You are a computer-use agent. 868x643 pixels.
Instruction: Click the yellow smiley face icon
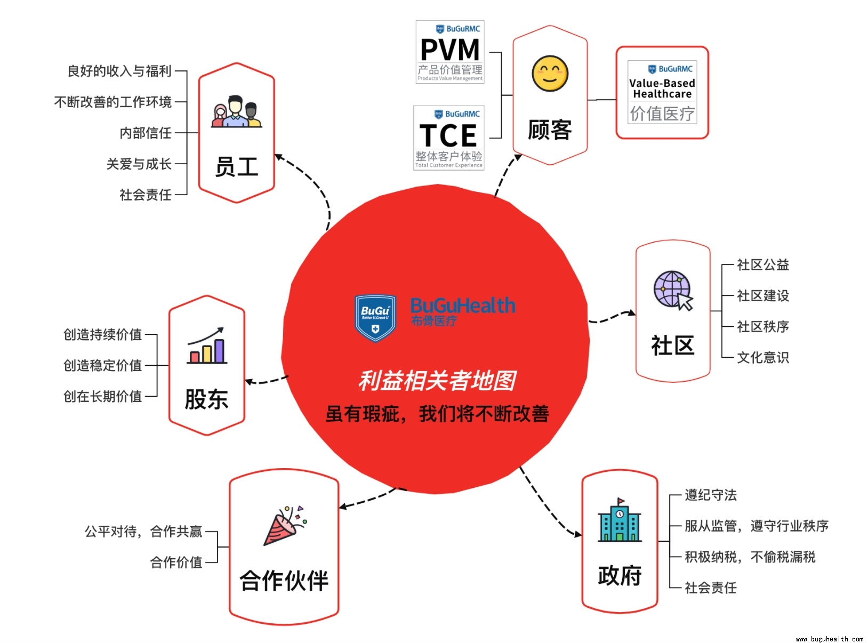[550, 73]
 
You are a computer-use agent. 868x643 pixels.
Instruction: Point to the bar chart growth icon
[207, 346]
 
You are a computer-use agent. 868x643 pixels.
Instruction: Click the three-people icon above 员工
[236, 112]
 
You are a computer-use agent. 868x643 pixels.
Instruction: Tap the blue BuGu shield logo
[375, 318]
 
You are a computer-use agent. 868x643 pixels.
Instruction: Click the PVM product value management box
[450, 52]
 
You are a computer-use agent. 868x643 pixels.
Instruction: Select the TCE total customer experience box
[449, 138]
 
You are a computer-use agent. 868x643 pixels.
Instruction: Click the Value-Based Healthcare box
[662, 92]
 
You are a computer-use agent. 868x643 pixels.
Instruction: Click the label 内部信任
[145, 133]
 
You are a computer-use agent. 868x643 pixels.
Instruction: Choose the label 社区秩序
[762, 326]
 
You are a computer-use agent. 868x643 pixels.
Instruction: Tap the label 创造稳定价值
[102, 365]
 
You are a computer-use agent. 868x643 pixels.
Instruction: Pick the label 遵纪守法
[710, 495]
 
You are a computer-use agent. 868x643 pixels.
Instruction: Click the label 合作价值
[176, 562]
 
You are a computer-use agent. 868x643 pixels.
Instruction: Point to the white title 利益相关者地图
[437, 381]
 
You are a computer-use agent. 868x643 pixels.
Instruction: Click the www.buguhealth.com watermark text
[829, 639]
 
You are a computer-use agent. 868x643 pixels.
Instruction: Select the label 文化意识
[762, 357]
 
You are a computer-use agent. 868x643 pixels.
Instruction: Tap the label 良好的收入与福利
[119, 71]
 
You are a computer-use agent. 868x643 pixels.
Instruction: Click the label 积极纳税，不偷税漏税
[750, 557]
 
